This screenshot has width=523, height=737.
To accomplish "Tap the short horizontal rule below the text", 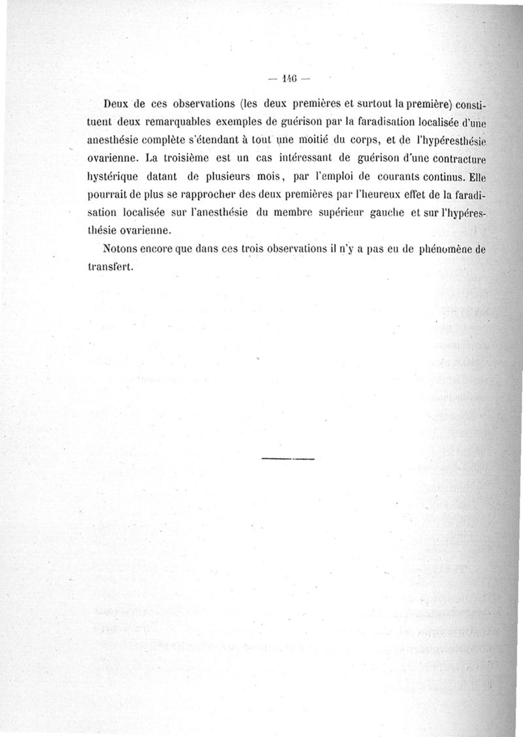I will (x=288, y=459).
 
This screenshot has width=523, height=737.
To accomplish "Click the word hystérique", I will (x=113, y=175).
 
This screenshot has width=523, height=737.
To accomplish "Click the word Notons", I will (x=122, y=249).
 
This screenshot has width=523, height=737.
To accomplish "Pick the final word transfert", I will (x=110, y=267).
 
